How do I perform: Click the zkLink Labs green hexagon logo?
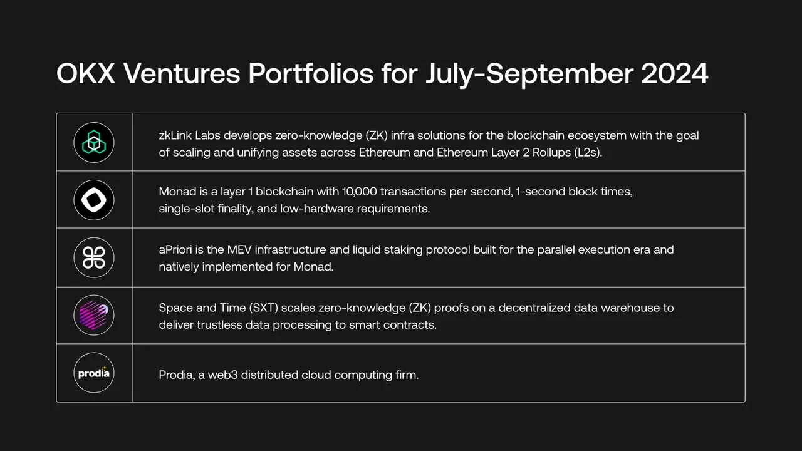(x=94, y=143)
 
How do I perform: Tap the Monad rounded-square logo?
(x=94, y=200)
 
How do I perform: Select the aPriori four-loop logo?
(x=94, y=257)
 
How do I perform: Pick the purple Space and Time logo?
(x=94, y=315)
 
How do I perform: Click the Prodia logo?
(x=94, y=373)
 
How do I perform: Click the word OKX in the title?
(x=86, y=74)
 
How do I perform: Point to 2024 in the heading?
(x=675, y=74)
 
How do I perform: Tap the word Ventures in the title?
(x=182, y=74)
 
